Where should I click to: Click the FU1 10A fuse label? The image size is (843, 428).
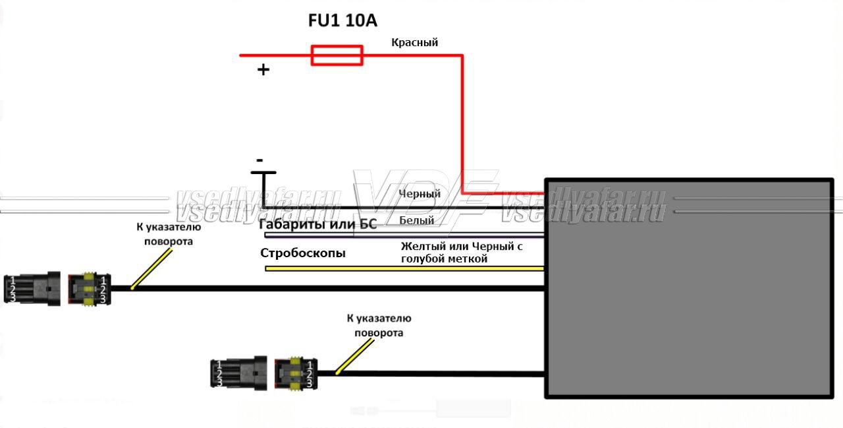[342, 20]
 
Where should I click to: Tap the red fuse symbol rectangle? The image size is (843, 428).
[337, 55]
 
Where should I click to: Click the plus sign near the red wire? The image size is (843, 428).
[263, 69]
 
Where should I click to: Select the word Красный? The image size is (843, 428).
[415, 43]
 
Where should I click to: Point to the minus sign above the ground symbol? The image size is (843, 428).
[259, 160]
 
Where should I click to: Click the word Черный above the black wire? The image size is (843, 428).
[420, 194]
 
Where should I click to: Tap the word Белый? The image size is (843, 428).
[417, 220]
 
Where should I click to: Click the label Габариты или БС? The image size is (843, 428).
[318, 224]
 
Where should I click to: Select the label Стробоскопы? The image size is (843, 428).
[303, 253]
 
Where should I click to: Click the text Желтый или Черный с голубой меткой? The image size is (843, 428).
[462, 253]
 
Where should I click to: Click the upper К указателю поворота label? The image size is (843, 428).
[169, 234]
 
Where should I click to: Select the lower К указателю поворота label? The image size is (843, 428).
[379, 326]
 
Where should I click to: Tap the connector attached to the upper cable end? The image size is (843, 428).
[88, 290]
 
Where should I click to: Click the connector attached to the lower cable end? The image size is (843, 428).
[296, 374]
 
